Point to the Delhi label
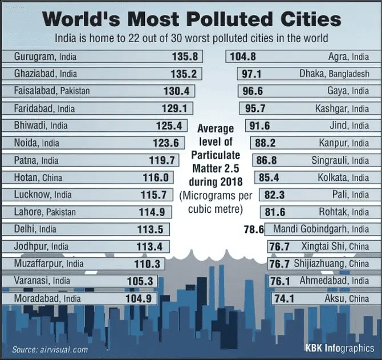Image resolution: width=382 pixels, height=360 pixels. click(25, 230)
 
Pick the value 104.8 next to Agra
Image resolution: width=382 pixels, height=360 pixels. click(243, 57)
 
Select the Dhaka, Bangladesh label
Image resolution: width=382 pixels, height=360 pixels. click(334, 74)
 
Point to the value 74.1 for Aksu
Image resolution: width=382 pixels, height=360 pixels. click(283, 298)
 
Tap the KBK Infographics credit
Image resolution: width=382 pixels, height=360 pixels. click(340, 347)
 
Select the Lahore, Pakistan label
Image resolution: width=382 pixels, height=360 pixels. click(43, 212)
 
